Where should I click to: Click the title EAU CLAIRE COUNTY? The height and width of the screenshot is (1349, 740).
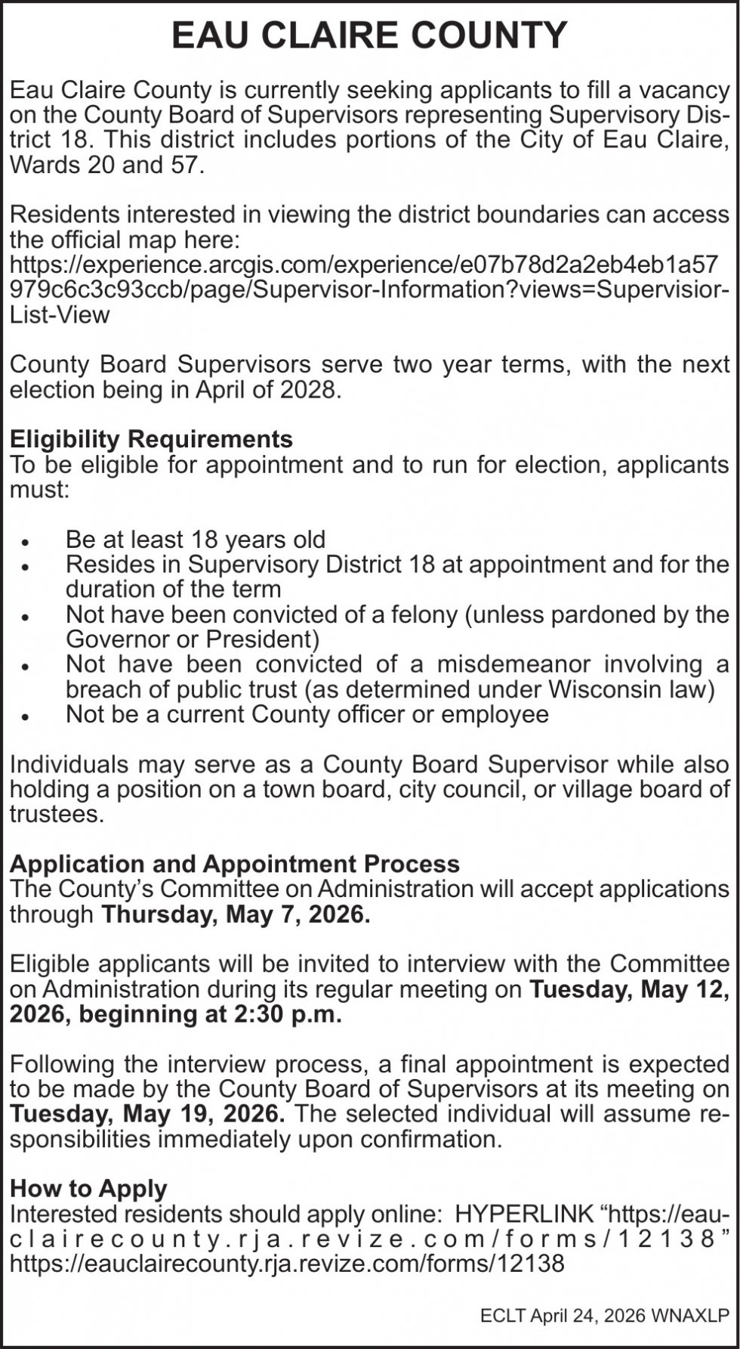point(369,36)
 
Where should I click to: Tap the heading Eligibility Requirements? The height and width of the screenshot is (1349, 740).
point(151,439)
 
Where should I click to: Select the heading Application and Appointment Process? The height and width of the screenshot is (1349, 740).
point(235,864)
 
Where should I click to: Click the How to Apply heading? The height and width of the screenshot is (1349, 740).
point(88,1189)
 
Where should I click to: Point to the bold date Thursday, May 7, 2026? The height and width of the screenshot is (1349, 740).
point(236,914)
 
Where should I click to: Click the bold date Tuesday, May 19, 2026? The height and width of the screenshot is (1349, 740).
point(147,1114)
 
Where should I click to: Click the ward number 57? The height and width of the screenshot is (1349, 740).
point(183,165)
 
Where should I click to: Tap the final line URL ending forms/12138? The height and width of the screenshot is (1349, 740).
point(287,1264)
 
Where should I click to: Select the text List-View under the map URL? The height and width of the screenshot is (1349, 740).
point(60,315)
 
